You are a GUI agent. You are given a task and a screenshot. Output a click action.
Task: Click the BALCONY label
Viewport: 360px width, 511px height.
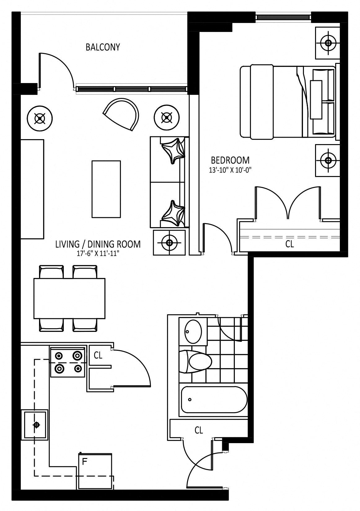(x=103, y=47)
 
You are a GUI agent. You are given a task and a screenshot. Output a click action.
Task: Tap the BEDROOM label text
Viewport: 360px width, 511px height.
(x=230, y=161)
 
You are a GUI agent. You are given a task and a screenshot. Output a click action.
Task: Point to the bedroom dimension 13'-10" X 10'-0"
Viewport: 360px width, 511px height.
(x=230, y=170)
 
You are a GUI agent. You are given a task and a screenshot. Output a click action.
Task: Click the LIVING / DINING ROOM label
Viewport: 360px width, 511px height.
(x=98, y=244)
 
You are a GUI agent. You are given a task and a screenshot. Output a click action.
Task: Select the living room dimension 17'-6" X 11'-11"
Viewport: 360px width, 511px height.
(x=98, y=254)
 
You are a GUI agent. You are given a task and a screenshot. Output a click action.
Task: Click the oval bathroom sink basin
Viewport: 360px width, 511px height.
(x=193, y=331)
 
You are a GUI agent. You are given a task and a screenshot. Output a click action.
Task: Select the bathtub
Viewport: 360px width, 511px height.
(x=214, y=399)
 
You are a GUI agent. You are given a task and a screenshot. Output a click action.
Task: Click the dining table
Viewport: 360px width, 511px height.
(x=69, y=298)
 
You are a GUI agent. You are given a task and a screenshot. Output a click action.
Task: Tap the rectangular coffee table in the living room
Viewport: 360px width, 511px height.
(x=106, y=189)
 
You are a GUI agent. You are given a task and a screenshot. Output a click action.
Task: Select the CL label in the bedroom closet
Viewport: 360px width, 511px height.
(x=289, y=244)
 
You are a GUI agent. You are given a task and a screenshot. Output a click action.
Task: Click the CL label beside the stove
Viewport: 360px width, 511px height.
(x=98, y=355)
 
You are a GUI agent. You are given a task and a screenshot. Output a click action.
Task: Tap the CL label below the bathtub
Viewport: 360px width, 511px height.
(x=199, y=430)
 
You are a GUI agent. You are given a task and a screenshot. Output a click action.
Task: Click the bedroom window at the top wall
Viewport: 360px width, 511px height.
(x=283, y=17)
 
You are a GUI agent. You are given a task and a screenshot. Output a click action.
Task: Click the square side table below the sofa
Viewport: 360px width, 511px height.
(x=169, y=243)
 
